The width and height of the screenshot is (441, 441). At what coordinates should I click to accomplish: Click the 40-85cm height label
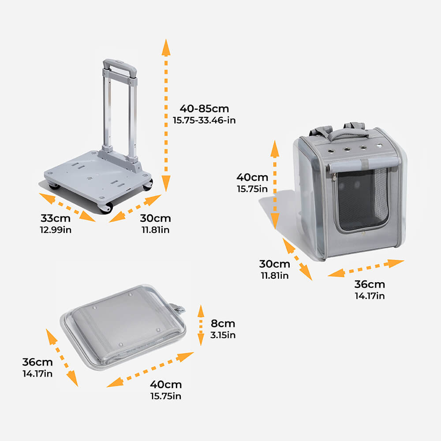(204, 108)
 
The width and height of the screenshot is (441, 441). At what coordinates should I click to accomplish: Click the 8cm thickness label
(223, 324)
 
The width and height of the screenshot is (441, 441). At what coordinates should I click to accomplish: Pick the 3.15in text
(223, 335)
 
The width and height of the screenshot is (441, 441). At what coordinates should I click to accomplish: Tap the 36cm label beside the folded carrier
(37, 362)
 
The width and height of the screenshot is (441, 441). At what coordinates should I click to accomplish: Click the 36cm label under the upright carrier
(370, 284)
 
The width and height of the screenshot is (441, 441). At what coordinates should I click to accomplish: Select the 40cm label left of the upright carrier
(252, 177)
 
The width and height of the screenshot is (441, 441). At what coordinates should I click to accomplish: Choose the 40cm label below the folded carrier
(166, 385)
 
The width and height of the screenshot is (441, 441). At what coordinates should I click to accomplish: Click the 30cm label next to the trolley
(155, 218)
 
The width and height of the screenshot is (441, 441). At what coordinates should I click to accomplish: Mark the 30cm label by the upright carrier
(274, 264)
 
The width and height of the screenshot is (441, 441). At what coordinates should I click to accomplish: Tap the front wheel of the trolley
(106, 208)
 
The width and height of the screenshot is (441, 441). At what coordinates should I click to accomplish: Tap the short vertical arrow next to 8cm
(201, 325)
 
